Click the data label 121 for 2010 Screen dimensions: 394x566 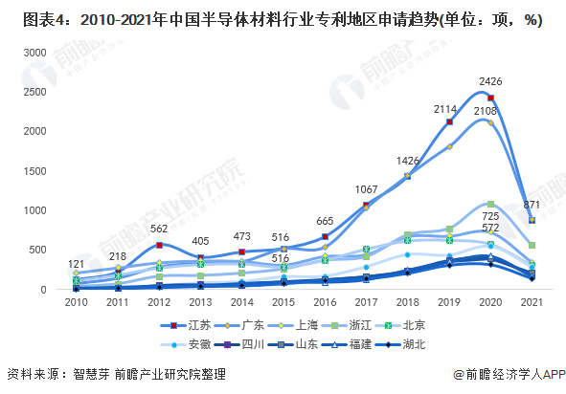click(x=76, y=264)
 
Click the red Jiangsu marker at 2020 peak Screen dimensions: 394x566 click(x=490, y=98)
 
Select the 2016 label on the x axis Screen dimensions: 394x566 click(x=325, y=303)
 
